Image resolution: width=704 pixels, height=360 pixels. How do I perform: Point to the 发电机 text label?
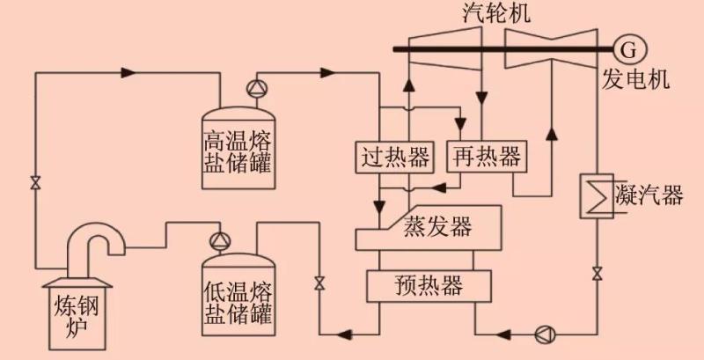(636, 79)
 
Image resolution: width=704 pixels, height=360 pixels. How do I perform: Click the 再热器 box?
(487, 158)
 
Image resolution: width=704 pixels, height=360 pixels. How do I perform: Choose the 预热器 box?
(429, 284)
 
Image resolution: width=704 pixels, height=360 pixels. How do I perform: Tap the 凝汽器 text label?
(650, 195)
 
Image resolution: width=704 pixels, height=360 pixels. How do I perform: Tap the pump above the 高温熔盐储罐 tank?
(256, 88)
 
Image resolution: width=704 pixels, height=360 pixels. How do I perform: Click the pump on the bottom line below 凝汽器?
(542, 334)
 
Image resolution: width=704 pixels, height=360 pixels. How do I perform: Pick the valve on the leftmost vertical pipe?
(34, 183)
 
